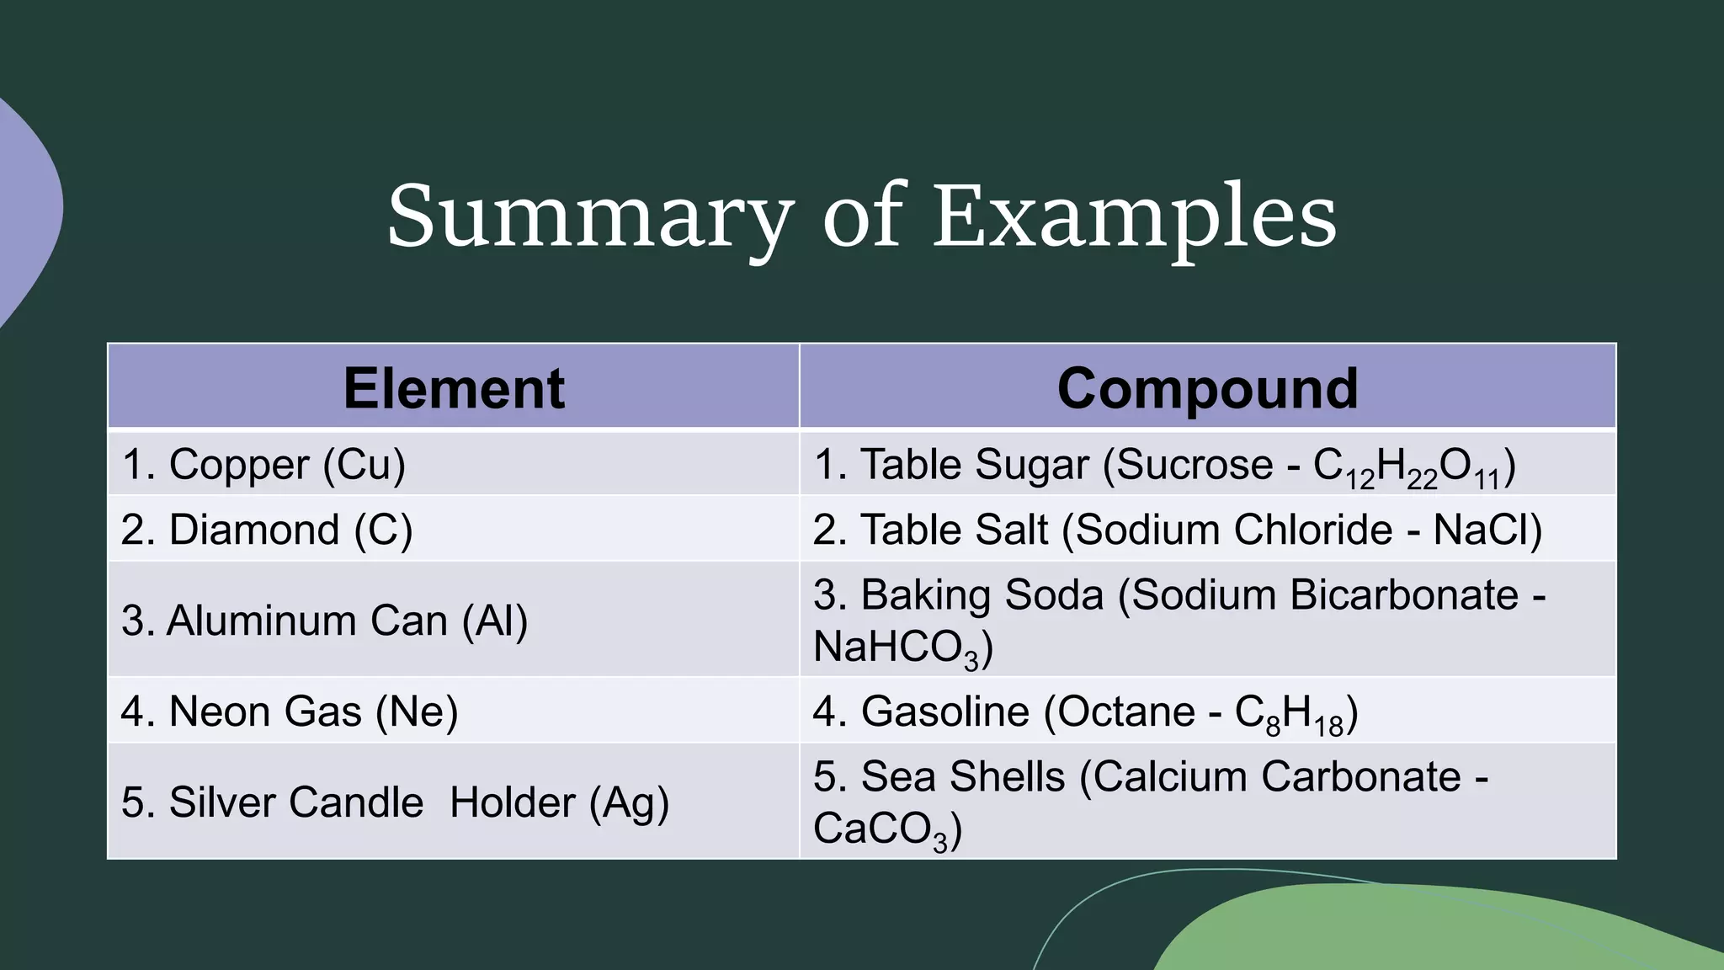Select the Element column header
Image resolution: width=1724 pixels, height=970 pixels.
click(x=454, y=388)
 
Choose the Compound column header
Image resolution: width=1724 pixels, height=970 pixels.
click(x=1207, y=388)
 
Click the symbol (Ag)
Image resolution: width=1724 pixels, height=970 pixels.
click(x=629, y=802)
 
